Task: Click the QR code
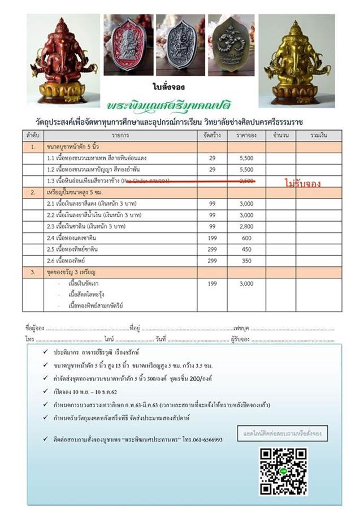point(283,471)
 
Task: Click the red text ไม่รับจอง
point(303,183)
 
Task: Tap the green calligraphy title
point(180,105)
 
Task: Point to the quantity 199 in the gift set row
point(212,283)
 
